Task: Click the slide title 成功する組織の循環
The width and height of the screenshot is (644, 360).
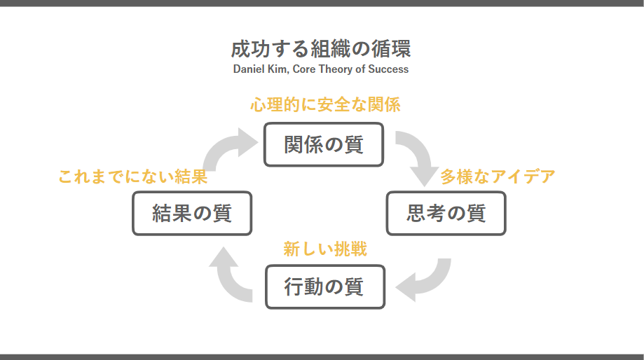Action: click(321, 49)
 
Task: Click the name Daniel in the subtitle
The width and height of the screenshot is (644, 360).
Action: click(249, 69)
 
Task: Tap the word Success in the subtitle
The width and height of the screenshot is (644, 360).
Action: click(388, 69)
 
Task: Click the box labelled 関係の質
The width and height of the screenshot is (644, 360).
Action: click(324, 144)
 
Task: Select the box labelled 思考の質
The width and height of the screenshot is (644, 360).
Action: click(446, 213)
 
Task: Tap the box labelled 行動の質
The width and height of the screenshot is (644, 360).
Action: click(325, 286)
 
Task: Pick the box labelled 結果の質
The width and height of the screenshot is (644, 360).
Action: click(192, 213)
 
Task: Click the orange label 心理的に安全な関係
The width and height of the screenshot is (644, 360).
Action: click(325, 104)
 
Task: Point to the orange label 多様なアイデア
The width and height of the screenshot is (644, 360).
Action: click(498, 176)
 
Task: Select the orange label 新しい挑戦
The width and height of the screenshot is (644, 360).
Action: click(325, 249)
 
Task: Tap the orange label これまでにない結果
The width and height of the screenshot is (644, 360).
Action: click(132, 176)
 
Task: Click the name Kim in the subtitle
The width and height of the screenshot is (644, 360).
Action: click(278, 69)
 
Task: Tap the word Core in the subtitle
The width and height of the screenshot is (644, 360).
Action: click(304, 69)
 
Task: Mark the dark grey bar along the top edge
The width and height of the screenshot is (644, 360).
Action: click(322, 3)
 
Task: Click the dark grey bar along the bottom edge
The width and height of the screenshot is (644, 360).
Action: click(322, 357)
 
